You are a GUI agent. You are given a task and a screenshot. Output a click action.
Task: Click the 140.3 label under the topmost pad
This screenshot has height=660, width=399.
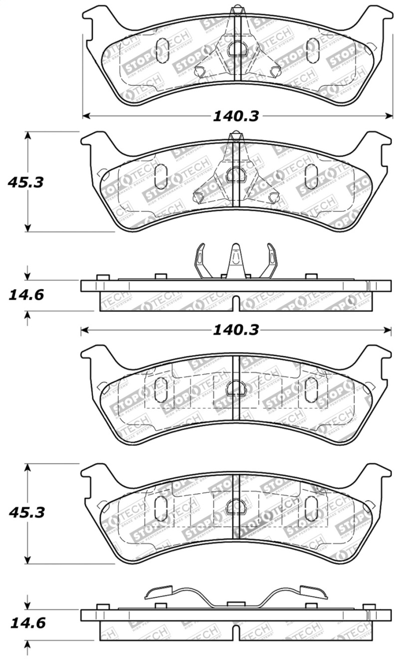coord(236,116)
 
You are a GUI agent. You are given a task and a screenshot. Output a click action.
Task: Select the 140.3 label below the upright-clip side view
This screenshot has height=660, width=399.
coord(236,330)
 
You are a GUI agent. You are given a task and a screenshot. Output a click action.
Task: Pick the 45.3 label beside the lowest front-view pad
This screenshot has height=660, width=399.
coord(26,512)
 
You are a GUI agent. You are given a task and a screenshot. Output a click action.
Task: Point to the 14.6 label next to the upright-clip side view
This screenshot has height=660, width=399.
coord(26,295)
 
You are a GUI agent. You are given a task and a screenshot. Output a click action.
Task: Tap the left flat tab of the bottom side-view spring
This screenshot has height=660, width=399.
coord(159,592)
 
